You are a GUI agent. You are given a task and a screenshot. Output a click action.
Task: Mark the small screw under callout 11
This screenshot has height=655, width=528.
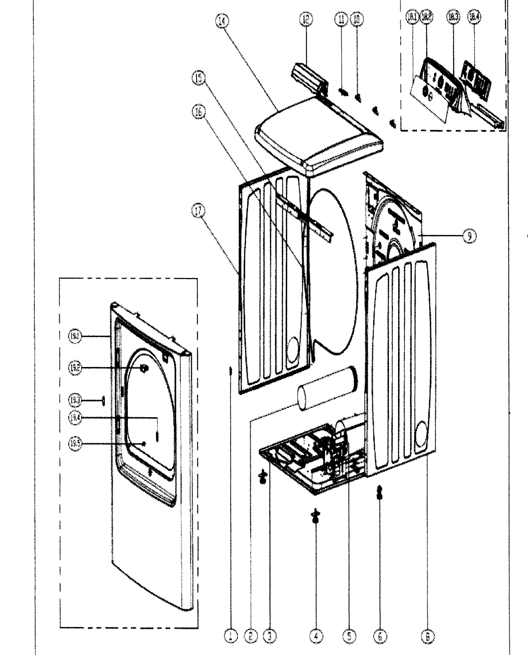[x=343, y=92]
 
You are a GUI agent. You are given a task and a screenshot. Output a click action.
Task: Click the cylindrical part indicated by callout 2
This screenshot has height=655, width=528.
[x=327, y=389]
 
